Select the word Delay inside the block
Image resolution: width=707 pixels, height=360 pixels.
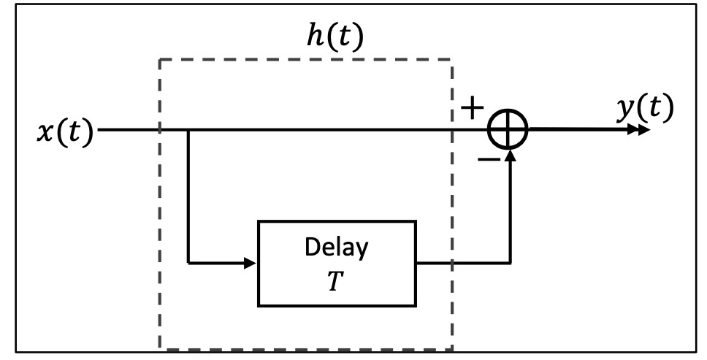coord(336,248)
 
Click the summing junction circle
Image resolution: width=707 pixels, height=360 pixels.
coord(509,131)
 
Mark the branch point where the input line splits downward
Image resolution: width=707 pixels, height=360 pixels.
coord(188,131)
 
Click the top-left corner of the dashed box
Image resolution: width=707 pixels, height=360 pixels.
coord(160,59)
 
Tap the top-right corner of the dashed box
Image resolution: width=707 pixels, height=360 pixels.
coord(452,59)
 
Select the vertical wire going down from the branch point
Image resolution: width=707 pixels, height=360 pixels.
coord(188,197)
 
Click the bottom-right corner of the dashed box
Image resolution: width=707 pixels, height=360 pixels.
coord(452,348)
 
